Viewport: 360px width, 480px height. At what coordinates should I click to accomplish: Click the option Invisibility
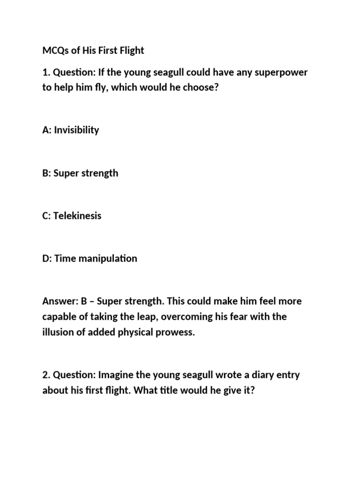coord(76,130)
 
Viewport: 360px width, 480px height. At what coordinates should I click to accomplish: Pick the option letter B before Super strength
coord(45,173)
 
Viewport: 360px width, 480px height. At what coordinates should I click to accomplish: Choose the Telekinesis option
coord(77,216)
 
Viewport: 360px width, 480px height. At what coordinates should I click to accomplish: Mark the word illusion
coord(58,333)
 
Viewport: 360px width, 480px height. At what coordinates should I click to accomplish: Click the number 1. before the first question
coord(46,73)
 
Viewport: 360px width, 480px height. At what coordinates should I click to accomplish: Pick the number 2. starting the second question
coord(46,375)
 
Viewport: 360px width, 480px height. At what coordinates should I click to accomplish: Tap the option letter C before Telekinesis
coord(45,216)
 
